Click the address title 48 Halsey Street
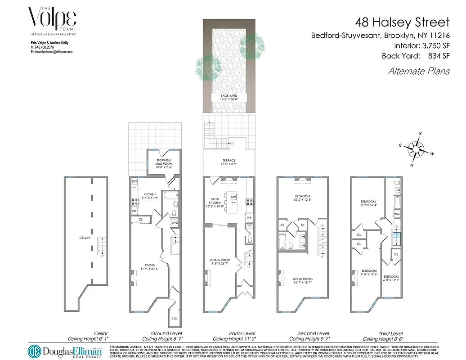coord(402,22)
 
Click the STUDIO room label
coord(149,266)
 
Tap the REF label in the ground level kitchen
coord(134,211)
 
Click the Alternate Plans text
coord(418,71)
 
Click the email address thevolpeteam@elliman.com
coord(51,52)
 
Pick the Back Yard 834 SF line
coord(416,56)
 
